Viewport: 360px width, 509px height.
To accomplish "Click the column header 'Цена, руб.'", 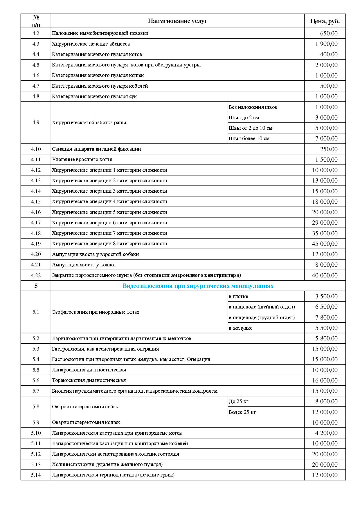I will tap(325, 21).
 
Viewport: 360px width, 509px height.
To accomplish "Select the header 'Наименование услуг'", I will tap(177, 21).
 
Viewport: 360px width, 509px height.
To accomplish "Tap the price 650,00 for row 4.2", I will tap(329, 33).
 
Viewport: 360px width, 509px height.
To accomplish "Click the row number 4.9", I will tap(36, 122).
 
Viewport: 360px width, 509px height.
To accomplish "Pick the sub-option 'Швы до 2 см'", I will tap(244, 118).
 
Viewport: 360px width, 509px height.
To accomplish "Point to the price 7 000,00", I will tap(326, 139).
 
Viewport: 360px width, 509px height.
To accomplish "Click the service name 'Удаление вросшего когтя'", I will tap(82, 159).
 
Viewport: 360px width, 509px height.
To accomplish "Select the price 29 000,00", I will tap(325, 223).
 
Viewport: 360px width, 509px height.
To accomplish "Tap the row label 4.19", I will tap(36, 244).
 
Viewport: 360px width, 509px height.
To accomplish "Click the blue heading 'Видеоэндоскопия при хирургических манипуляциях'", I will tap(198, 286).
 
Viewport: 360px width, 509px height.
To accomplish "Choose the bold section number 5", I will tap(36, 286).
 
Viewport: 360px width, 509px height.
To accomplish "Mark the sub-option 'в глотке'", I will tap(238, 296).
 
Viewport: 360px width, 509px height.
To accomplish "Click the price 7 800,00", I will tap(326, 317).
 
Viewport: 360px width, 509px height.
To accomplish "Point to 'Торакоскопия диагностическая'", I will tap(89, 380).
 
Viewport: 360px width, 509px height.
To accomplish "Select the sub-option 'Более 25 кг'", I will tap(242, 412).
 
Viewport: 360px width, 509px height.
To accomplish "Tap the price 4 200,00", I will tap(326, 433).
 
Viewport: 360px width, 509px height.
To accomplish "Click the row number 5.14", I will tap(36, 475).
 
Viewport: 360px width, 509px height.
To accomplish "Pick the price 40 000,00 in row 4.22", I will tap(325, 275).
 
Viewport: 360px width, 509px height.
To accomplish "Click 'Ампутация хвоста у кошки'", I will tap(84, 265).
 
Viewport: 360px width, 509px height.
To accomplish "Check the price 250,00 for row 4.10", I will tap(329, 149).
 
